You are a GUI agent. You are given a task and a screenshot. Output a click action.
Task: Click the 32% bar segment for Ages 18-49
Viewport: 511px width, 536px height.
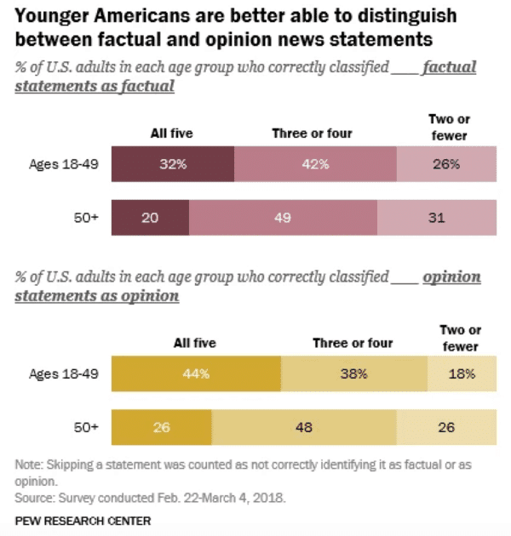[173, 164]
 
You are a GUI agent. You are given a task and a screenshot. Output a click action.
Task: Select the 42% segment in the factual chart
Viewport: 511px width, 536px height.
[314, 164]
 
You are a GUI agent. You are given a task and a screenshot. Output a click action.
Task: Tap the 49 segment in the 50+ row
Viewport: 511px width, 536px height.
[283, 218]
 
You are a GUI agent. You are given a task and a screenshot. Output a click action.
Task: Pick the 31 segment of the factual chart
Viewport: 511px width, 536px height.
[435, 218]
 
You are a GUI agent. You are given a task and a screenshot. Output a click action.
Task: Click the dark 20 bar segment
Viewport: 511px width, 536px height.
[151, 218]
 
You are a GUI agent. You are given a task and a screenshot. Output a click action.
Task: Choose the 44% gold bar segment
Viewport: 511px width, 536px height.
[196, 373]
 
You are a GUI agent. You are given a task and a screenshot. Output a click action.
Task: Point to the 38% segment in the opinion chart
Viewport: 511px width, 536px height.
[353, 373]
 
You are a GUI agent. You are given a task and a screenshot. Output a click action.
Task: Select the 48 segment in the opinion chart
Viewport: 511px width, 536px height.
[303, 426]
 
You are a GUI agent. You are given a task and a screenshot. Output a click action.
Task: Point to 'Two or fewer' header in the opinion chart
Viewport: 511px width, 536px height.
[460, 338]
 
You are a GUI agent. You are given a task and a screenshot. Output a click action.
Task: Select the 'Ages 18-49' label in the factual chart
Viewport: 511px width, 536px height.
[63, 164]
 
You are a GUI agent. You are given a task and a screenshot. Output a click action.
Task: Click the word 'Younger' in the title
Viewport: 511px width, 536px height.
[50, 16]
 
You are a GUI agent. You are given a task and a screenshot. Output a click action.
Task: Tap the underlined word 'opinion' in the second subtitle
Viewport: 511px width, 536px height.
[451, 277]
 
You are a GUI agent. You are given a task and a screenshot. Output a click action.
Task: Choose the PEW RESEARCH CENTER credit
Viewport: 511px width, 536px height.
[83, 519]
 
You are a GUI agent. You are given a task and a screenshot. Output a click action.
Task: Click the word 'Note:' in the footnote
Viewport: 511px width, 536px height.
[31, 465]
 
